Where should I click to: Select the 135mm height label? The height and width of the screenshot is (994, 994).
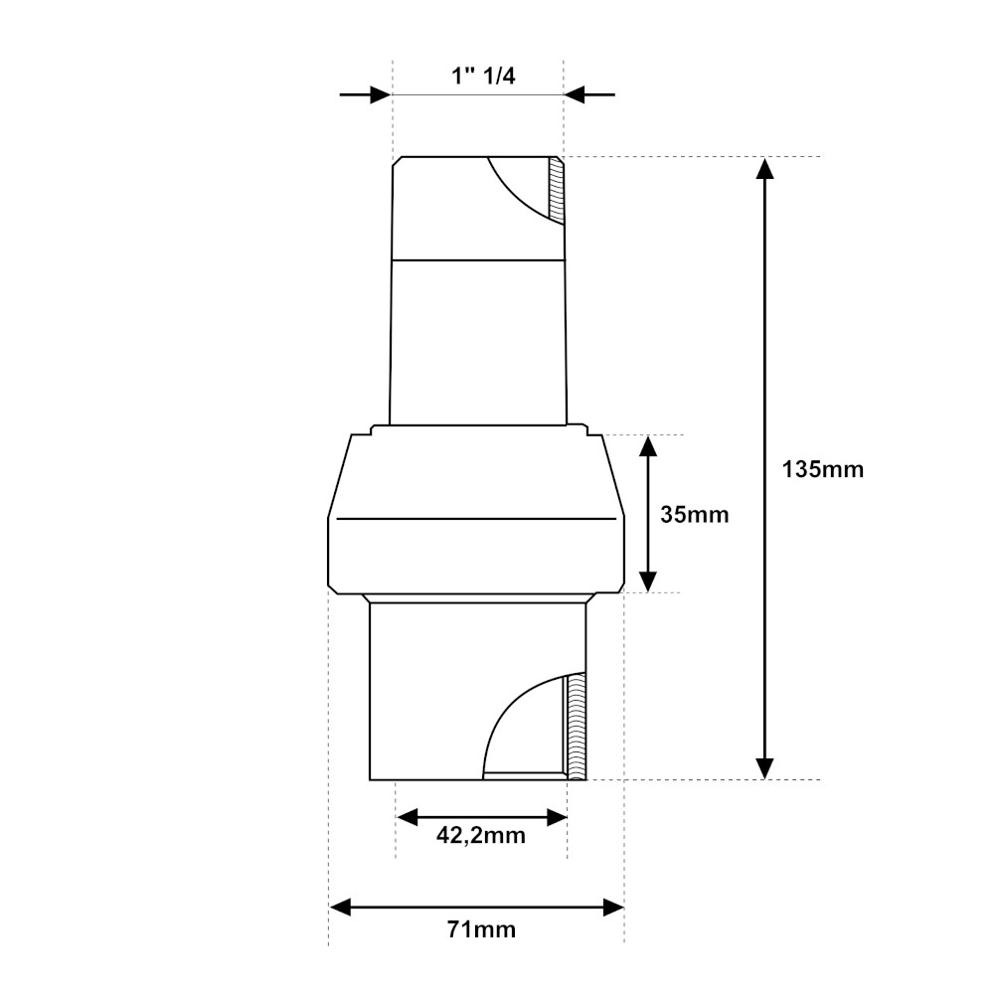click(x=823, y=469)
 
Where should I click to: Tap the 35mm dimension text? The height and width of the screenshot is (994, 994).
click(x=695, y=515)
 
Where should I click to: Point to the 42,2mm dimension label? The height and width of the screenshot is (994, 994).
click(x=481, y=836)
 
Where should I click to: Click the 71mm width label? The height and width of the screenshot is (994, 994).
click(x=481, y=930)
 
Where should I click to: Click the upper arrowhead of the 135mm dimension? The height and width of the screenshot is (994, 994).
click(x=764, y=169)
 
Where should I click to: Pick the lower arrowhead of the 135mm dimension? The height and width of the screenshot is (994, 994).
click(x=764, y=766)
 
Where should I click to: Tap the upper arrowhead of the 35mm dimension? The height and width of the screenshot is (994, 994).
click(x=648, y=446)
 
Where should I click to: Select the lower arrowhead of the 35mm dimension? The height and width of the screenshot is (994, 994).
click(x=648, y=580)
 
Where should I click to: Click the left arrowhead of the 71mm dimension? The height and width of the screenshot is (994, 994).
click(x=341, y=907)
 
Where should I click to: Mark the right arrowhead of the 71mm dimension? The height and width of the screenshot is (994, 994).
click(x=612, y=907)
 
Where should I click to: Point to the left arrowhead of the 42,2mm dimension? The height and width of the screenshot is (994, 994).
click(x=408, y=817)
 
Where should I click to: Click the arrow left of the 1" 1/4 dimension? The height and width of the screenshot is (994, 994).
click(x=377, y=95)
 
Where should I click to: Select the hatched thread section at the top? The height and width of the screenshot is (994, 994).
click(x=557, y=191)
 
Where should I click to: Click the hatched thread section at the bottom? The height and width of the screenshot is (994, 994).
click(x=576, y=726)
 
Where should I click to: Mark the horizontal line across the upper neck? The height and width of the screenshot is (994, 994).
click(x=477, y=259)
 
